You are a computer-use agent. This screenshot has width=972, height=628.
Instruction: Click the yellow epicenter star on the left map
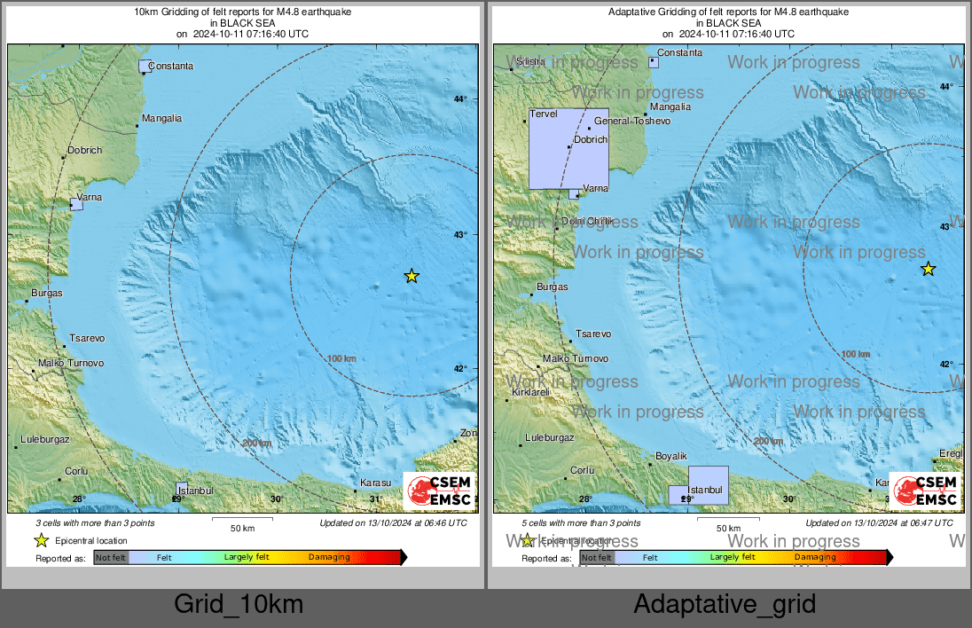tap(412, 276)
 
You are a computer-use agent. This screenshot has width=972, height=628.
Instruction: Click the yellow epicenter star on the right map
tap(928, 269)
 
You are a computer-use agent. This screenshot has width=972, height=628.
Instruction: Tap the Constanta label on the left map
tap(170, 66)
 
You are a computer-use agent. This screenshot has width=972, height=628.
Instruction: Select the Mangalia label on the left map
tap(161, 118)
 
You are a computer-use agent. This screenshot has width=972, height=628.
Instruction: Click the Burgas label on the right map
tap(552, 287)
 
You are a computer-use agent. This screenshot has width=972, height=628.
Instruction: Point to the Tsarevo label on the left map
tap(87, 339)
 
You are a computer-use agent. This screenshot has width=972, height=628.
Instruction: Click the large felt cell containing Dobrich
tap(568, 148)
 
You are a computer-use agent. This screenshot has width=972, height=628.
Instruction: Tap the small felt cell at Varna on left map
tap(76, 204)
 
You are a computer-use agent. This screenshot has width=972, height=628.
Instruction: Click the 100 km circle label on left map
tap(341, 358)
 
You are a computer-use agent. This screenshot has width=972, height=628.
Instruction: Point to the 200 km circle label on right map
tap(768, 441)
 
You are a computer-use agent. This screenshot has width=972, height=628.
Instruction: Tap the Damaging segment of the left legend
tap(329, 557)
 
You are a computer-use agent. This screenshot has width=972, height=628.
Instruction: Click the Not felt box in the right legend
tap(596, 557)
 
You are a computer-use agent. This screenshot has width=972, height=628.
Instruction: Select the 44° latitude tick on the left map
tap(459, 98)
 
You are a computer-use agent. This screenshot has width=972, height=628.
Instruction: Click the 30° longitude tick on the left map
tap(277, 499)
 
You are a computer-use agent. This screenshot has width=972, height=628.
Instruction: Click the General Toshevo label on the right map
tap(632, 121)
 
